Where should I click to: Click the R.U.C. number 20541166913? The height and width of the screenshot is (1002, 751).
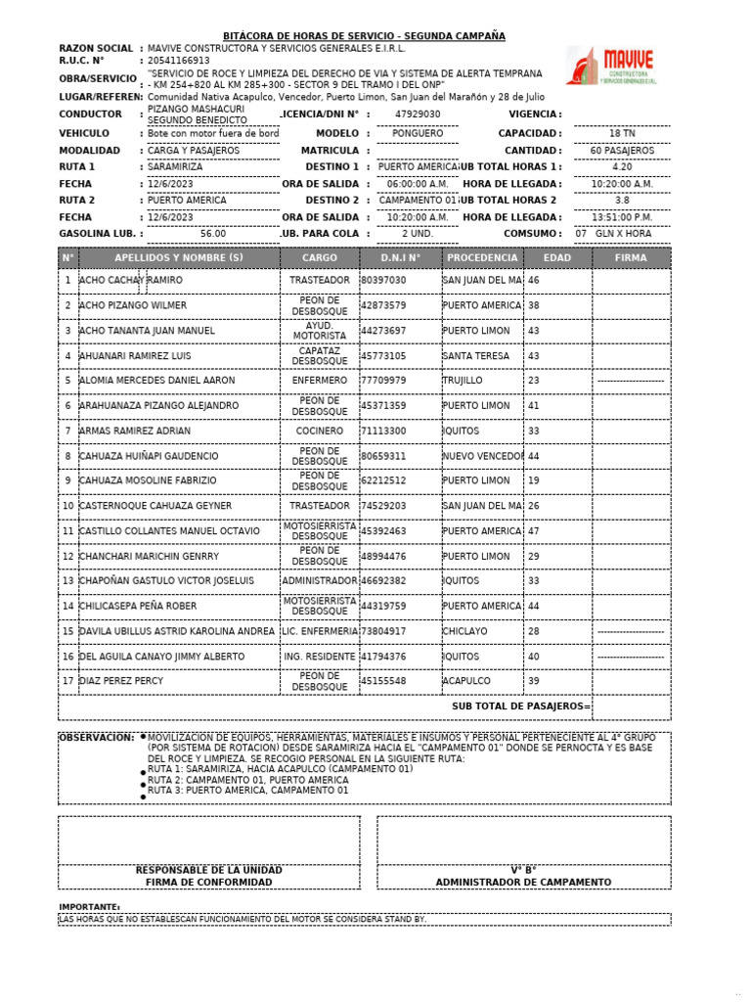(x=178, y=60)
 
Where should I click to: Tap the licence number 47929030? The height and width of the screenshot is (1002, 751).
(x=418, y=114)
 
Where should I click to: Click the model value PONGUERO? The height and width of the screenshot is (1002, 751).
(x=417, y=133)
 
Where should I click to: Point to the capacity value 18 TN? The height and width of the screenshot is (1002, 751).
(x=622, y=133)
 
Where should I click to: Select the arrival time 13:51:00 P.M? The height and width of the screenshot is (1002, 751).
(x=622, y=217)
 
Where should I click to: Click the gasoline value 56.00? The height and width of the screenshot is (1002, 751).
(x=212, y=234)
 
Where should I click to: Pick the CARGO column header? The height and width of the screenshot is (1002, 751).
(x=320, y=258)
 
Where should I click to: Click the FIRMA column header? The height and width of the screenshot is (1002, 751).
(x=631, y=258)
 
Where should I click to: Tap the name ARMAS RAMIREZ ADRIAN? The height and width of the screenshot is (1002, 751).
(x=135, y=431)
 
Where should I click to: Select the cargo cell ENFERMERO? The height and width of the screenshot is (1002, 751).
(x=320, y=381)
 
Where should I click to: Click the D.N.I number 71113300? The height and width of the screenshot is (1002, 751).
(x=383, y=431)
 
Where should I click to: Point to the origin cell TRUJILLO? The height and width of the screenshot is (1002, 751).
(x=463, y=381)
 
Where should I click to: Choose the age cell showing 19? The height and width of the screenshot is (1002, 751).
(x=534, y=480)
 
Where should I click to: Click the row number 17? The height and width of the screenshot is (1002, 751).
(x=67, y=681)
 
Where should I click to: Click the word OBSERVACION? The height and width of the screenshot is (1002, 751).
(x=96, y=737)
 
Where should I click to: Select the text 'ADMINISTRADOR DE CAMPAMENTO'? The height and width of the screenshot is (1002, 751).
(x=523, y=883)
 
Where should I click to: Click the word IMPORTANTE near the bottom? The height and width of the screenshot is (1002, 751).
(x=89, y=907)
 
